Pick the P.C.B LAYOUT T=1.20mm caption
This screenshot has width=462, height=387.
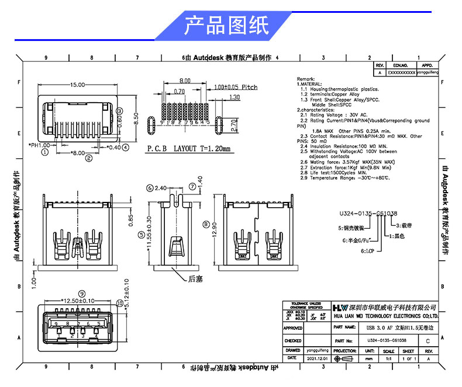click(x=188, y=148)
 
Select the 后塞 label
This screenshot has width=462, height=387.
click(x=195, y=279)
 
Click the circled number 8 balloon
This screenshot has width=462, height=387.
click(x=205, y=224)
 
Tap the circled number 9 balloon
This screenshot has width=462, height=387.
click(x=82, y=294)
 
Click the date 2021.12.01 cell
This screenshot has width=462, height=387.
click(x=318, y=358)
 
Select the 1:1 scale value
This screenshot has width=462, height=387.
click(x=388, y=358)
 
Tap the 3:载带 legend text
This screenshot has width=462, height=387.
click(x=406, y=225)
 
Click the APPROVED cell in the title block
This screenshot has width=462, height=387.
click(x=292, y=328)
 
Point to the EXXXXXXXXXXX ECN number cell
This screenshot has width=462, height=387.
click(x=401, y=73)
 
